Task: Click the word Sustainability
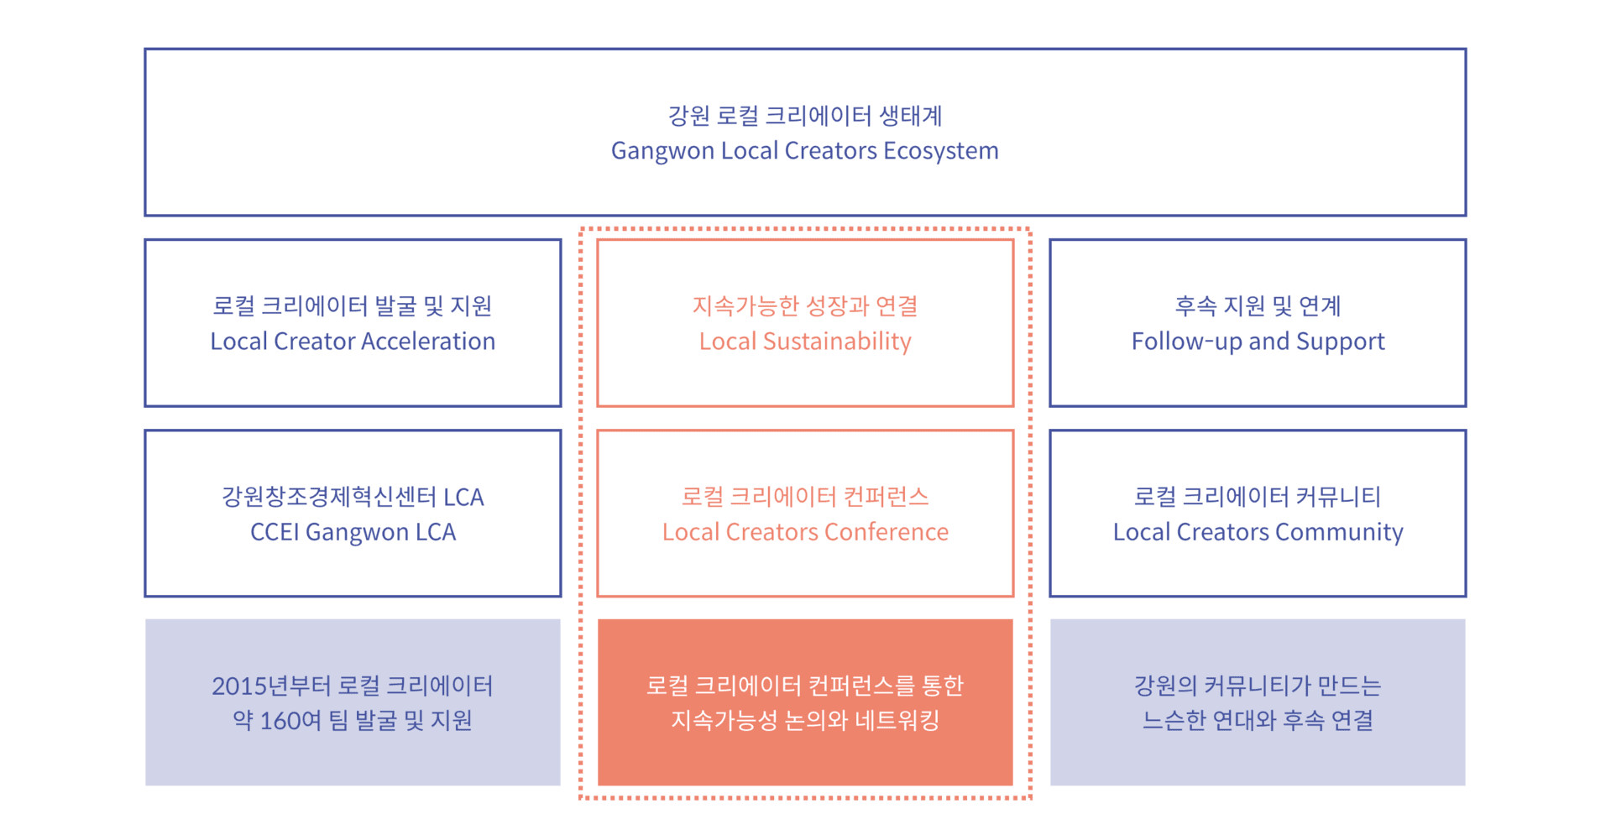[x=837, y=342]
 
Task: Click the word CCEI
[x=275, y=532]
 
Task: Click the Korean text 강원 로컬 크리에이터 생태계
[x=805, y=115]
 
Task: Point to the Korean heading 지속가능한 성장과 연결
[x=805, y=305]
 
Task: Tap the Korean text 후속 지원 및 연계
[x=1258, y=305]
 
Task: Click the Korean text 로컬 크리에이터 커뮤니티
[x=1258, y=496]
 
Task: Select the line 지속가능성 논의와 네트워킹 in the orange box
[x=805, y=721]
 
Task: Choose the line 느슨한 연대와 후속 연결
[x=1258, y=721]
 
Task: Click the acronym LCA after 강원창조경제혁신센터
[x=463, y=497]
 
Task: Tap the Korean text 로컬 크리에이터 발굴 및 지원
[x=353, y=305]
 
